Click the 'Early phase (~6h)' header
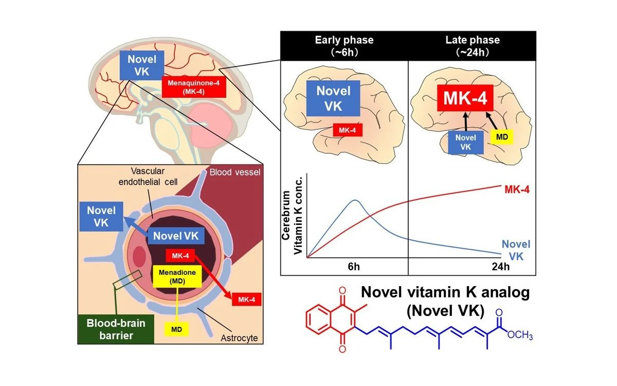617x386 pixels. click(x=343, y=45)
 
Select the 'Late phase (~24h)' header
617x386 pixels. click(x=472, y=45)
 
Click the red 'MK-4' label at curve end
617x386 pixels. click(x=517, y=190)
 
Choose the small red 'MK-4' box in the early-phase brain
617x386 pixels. click(x=348, y=130)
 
